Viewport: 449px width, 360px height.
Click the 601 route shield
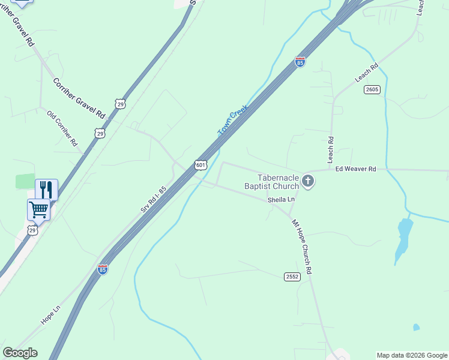(x=201, y=164)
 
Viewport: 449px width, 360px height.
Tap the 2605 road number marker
(x=372, y=89)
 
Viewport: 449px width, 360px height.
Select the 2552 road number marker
(x=292, y=276)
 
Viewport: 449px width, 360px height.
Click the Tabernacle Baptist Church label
(x=278, y=182)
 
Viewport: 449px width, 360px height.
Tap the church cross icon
(x=308, y=181)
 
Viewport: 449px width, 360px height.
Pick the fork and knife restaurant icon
(x=46, y=190)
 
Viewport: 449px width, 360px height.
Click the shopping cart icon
(x=38, y=210)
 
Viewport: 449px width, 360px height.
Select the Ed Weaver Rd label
(x=355, y=169)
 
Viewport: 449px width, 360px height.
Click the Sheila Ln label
(x=282, y=199)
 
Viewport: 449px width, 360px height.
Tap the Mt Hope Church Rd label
(x=303, y=247)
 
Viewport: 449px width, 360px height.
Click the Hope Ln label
(x=51, y=316)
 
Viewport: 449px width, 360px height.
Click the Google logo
(x=20, y=353)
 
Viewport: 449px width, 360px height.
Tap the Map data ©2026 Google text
(x=412, y=355)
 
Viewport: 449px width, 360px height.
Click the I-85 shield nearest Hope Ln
(x=103, y=269)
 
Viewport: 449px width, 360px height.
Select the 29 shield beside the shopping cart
(x=32, y=230)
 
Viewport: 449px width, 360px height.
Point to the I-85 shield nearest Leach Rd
(x=300, y=61)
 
